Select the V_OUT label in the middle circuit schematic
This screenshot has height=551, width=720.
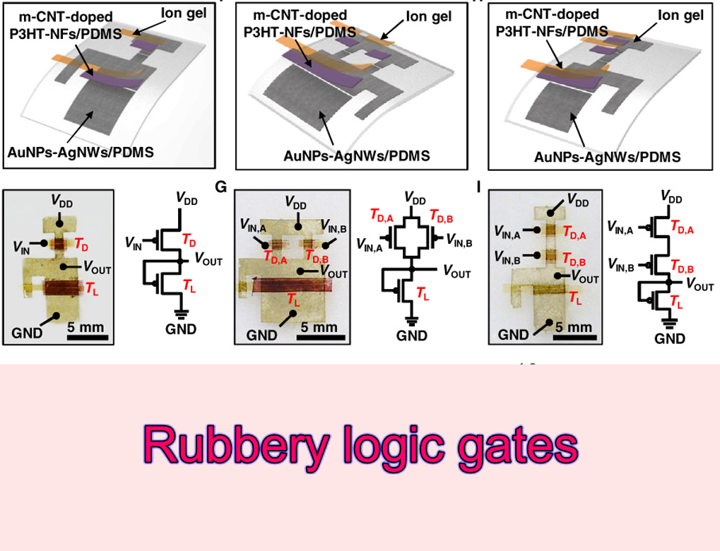[x=459, y=269]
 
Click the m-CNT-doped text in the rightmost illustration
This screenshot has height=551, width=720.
[x=547, y=15]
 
